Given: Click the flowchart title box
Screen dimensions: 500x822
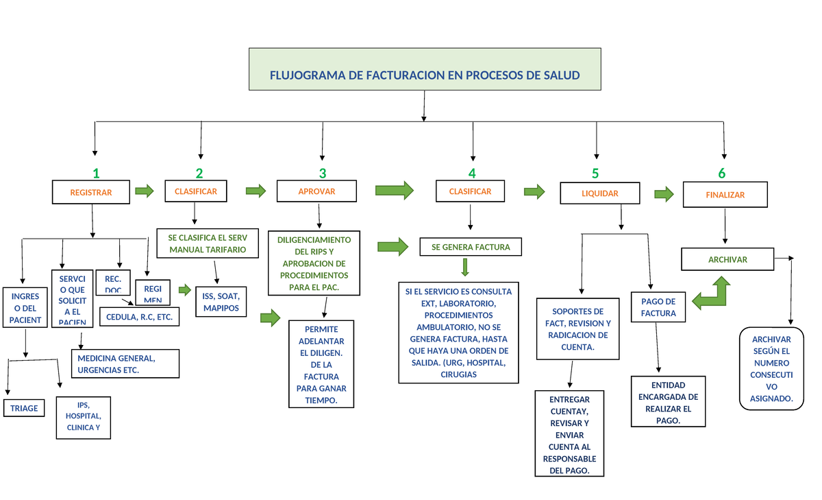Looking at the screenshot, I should click(425, 69).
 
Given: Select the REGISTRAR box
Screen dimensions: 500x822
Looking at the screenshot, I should click(91, 193).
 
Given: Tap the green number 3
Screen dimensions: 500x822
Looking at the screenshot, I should click(322, 174).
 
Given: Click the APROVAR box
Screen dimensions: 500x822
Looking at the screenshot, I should click(316, 191).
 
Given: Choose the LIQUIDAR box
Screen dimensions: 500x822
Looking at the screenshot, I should click(599, 193).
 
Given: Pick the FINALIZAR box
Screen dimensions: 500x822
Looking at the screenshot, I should click(725, 195).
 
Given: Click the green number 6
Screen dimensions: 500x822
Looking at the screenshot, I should click(721, 174).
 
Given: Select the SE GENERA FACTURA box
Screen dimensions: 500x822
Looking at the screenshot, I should click(471, 247).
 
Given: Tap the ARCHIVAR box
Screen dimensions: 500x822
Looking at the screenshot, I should click(727, 260).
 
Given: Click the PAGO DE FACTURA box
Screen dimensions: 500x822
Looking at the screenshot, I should click(658, 307).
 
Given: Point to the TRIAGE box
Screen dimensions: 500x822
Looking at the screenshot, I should click(24, 408).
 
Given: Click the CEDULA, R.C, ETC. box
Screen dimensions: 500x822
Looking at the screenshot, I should click(140, 317).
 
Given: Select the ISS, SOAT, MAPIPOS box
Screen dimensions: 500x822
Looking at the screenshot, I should click(221, 302).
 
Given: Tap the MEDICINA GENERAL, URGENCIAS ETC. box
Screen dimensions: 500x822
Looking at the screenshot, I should click(125, 364).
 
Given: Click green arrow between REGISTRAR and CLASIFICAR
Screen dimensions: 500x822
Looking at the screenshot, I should click(145, 191).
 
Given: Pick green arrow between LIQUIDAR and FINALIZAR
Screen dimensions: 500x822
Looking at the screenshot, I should click(664, 194).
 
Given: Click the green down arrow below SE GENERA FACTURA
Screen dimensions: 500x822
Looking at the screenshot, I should click(465, 266).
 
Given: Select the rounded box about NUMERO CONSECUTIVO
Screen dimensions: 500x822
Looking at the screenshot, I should click(771, 368).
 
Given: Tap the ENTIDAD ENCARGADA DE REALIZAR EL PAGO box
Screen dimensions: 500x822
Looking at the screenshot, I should click(669, 403).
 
